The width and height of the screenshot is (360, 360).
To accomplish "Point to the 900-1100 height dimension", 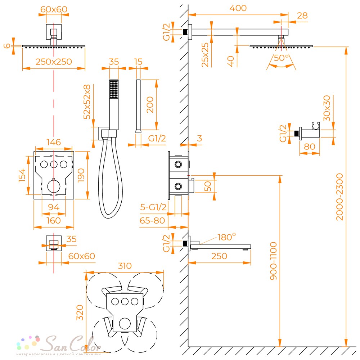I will coord(274,256).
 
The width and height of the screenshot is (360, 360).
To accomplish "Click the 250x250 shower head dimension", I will coord(54,62).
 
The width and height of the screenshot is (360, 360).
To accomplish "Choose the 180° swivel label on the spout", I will coord(226,237).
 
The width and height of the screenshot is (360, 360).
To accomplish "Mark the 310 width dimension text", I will coord(124,266).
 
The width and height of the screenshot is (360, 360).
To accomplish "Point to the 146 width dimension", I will coord(54,142).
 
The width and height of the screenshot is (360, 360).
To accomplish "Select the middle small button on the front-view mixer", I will coord(54,165).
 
